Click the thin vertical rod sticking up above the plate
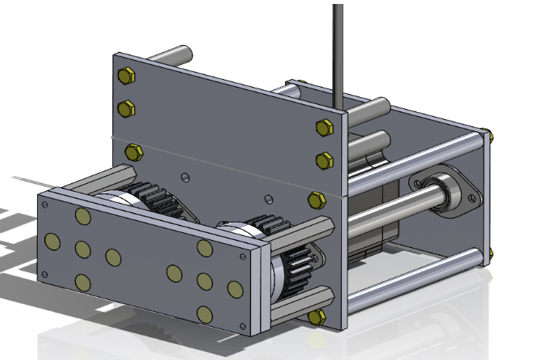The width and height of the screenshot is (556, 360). [338, 47]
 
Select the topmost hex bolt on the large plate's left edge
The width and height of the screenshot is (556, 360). [126, 76]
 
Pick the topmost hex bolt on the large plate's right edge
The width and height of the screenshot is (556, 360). [324, 127]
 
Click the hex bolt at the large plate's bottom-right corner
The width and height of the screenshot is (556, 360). [317, 317]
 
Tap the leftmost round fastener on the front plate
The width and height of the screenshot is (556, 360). [53, 241]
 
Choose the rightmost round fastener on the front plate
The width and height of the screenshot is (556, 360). [235, 289]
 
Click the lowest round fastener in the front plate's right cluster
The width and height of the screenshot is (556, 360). [205, 314]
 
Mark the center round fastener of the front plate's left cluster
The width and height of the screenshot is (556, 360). [83, 249]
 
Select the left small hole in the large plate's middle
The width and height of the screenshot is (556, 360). [184, 176]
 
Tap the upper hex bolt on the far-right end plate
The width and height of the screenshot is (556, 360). [490, 137]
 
